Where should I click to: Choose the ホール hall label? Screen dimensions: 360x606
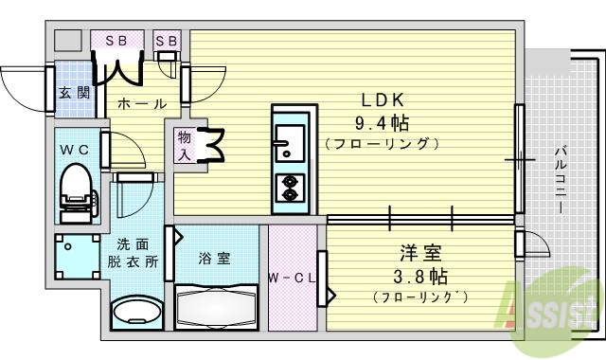143,103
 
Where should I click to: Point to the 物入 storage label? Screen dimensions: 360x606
185,145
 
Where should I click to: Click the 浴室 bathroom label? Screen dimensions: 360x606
214,258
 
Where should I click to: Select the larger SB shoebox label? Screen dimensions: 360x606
116,40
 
